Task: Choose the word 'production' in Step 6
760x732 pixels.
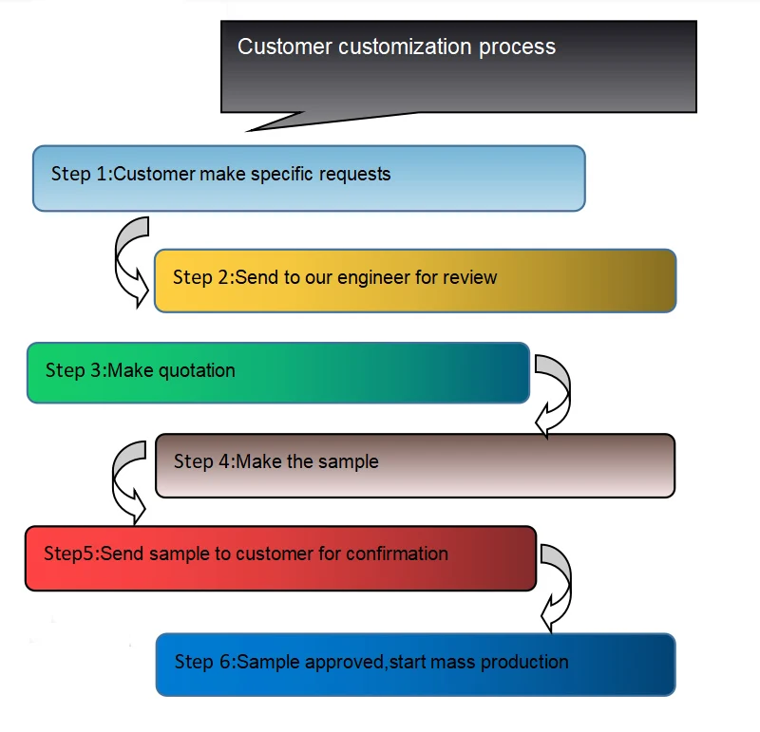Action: tap(525, 661)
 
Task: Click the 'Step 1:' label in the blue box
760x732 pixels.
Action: tap(82, 174)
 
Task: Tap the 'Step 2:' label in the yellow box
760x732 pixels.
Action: tap(203, 277)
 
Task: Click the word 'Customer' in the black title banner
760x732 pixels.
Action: tap(274, 47)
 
